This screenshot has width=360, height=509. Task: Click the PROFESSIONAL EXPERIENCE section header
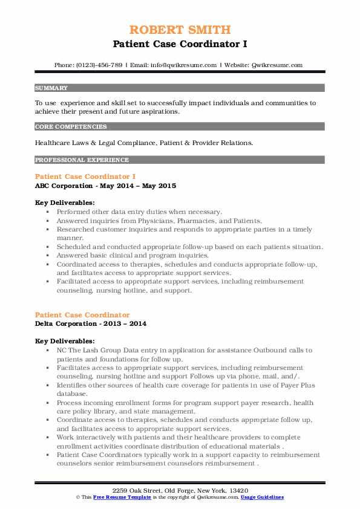click(82, 160)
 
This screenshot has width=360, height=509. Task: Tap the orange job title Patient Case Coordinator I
click(85, 176)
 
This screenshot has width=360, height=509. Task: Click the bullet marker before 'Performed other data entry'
click(47, 213)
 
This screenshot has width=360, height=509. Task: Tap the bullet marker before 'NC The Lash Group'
click(47, 351)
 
